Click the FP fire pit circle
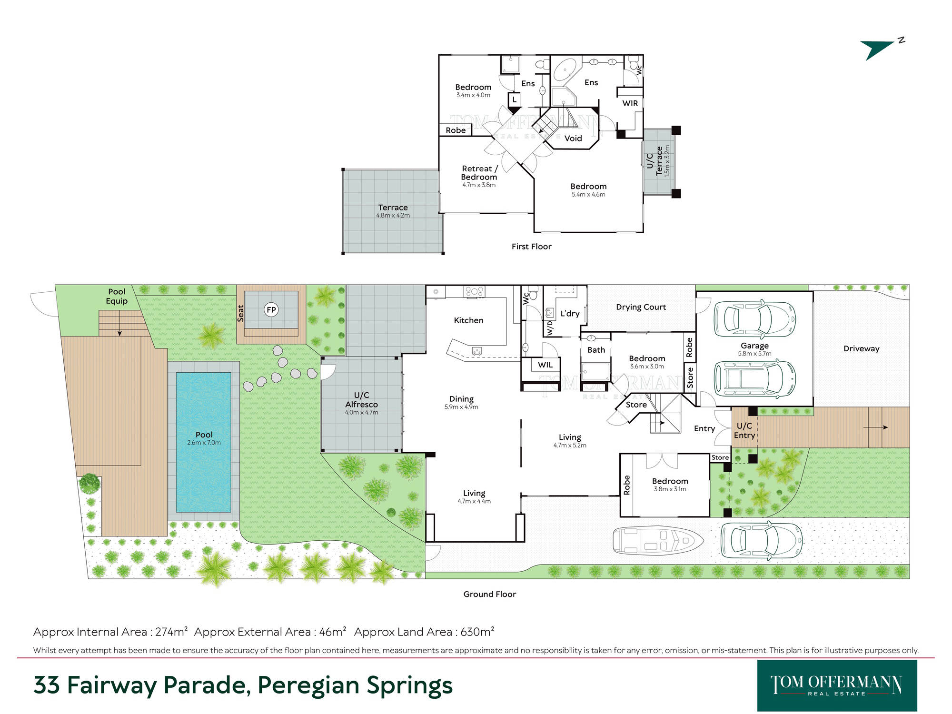[271, 310]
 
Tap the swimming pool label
[204, 435]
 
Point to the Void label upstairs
[573, 138]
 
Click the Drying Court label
[641, 307]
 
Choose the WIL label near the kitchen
[545, 365]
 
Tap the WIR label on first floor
[630, 103]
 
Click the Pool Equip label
[117, 296]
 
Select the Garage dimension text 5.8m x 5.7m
[754, 354]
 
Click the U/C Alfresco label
[362, 400]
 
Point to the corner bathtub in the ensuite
[566, 72]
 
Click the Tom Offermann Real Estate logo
[837, 685]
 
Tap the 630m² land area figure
[477, 632]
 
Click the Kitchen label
[469, 320]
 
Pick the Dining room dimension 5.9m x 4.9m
[461, 407]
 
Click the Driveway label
[862, 348]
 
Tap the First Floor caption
[532, 247]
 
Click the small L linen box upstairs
[515, 100]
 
